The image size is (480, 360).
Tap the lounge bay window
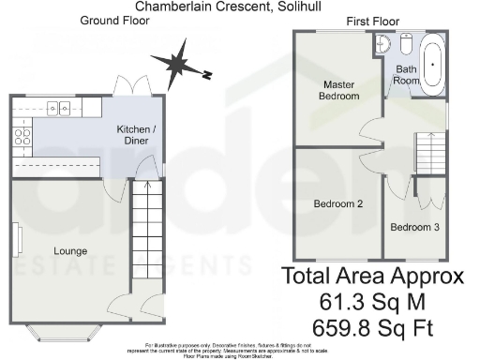tap(67, 330)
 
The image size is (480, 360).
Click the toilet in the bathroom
tap(406, 44)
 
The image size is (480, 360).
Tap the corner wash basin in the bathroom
tap(381, 42)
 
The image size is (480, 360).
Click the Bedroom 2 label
tap(337, 203)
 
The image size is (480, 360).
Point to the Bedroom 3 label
tap(413, 228)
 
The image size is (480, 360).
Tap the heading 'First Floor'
tap(372, 21)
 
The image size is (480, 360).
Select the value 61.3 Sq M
tap(374, 302)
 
